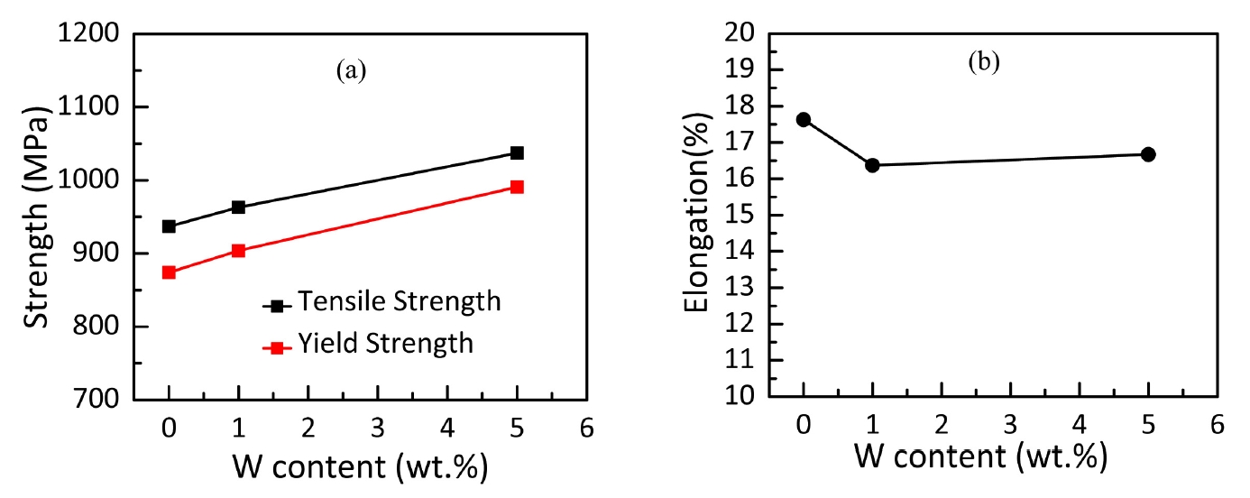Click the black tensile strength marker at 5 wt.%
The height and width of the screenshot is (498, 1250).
click(x=517, y=152)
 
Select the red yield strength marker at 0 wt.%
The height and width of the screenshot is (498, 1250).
click(x=169, y=272)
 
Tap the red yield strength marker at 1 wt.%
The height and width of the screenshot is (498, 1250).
click(x=238, y=250)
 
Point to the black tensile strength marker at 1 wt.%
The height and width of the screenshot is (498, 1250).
click(x=238, y=207)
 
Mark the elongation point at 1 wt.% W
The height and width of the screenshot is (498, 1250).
click(x=872, y=165)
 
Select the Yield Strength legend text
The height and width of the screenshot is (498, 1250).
click(x=387, y=343)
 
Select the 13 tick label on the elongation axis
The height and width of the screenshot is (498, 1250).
click(x=749, y=288)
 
